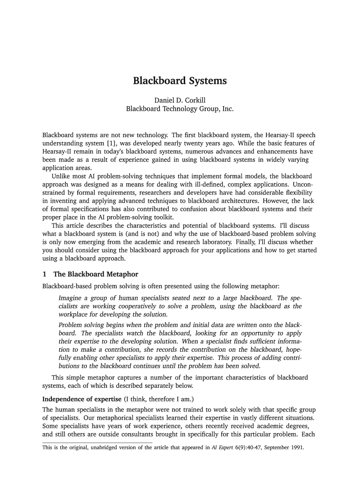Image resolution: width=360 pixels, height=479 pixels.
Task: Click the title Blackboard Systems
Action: [180, 81]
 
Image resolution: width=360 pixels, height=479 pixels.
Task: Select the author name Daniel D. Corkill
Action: [180, 100]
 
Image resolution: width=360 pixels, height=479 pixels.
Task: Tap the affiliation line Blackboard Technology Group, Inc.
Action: [180, 109]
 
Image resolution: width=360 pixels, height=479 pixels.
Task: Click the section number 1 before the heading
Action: [44, 274]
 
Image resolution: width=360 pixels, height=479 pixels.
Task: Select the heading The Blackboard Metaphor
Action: [96, 274]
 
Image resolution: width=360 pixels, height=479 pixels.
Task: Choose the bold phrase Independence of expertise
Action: [81, 399]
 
